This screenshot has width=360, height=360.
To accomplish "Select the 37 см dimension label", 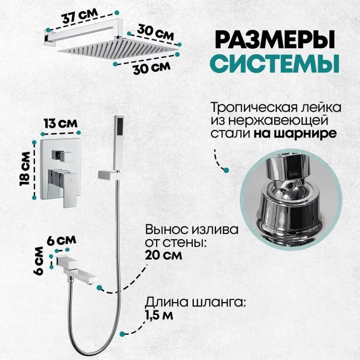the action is [80, 16].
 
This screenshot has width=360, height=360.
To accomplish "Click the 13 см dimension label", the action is [60, 124].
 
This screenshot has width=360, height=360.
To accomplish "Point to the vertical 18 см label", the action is [25, 169].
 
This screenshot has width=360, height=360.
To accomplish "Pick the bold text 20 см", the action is [163, 255].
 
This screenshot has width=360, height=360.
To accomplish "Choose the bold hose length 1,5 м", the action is [158, 315].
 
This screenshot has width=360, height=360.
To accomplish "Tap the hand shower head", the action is [119, 143].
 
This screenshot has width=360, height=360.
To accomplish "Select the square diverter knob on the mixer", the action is [62, 156].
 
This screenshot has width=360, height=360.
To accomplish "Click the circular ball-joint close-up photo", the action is [291, 200].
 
